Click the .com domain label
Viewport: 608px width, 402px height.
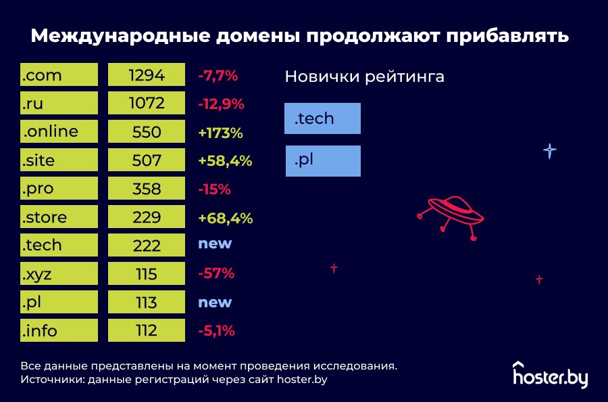(59, 75)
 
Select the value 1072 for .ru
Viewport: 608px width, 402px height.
(147, 104)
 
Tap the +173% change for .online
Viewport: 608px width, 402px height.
(220, 133)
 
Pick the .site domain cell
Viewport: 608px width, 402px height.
(59, 160)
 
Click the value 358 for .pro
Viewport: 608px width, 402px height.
(147, 189)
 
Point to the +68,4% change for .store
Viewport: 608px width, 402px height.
(225, 218)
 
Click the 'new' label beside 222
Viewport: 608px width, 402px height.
(215, 244)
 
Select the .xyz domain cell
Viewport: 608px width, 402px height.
(59, 274)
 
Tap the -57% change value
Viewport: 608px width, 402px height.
(216, 273)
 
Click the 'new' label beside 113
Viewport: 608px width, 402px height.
(215, 302)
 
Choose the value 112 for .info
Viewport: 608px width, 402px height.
(147, 331)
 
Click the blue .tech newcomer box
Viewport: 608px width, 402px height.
(323, 118)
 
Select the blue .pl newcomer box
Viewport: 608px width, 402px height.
(323, 161)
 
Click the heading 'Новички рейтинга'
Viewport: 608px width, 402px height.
(364, 76)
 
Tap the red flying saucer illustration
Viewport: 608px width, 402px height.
(451, 215)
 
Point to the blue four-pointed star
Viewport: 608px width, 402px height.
(550, 151)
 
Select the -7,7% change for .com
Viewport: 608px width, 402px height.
(218, 76)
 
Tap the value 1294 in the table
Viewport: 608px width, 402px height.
(147, 75)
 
